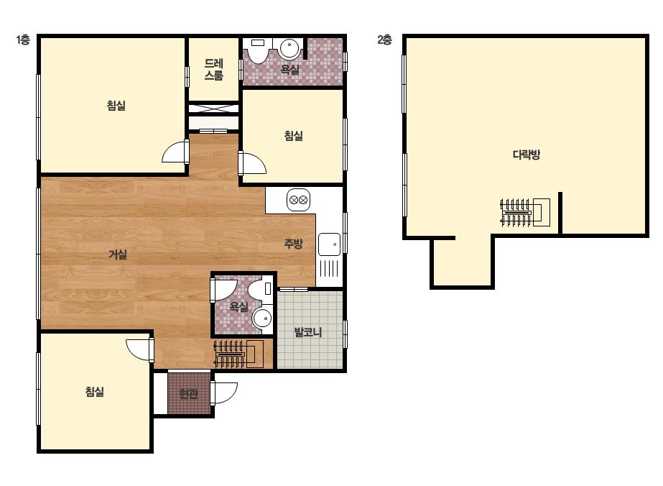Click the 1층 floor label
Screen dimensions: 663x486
[23, 40]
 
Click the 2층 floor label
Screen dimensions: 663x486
[384, 40]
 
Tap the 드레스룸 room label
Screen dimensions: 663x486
[213, 70]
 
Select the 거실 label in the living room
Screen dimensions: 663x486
[118, 255]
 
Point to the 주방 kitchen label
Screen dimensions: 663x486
[293, 244]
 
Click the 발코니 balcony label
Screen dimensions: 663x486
[308, 332]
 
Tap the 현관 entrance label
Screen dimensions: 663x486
[189, 394]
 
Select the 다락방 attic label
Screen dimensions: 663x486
[527, 155]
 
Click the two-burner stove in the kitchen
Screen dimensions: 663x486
[299, 200]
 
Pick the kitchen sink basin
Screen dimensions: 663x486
[329, 244]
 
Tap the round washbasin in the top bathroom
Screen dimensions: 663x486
[289, 48]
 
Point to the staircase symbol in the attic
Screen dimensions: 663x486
[525, 213]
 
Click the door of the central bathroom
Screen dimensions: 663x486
[223, 290]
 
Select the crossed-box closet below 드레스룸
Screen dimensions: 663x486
[213, 109]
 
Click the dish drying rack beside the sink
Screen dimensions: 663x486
[329, 268]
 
